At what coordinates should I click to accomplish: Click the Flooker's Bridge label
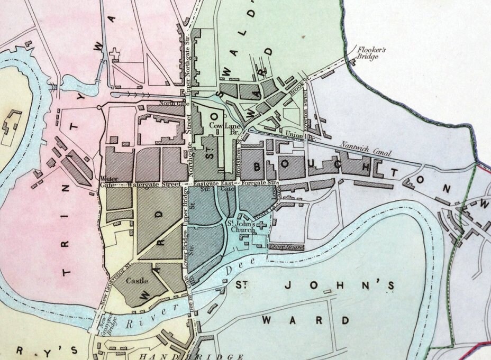tap(375, 53)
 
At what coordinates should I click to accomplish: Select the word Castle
tap(137, 282)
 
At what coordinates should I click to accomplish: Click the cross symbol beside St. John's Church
tap(261, 225)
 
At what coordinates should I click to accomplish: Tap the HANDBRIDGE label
tap(192, 356)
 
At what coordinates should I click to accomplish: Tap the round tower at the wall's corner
tap(99, 108)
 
